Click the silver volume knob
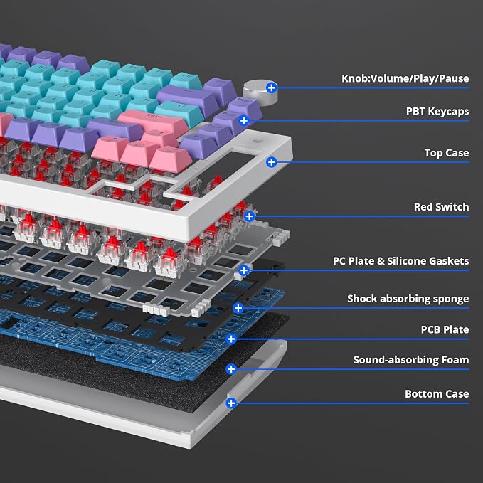click(260, 92)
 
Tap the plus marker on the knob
click(272, 87)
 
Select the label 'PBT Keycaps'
click(437, 112)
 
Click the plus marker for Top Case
click(272, 162)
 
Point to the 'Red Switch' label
click(442, 207)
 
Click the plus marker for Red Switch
click(249, 216)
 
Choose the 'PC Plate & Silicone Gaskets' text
click(400, 261)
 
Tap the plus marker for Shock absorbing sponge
click(238, 308)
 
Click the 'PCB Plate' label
click(445, 329)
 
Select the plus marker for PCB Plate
click(231, 339)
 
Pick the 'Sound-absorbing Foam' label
click(411, 360)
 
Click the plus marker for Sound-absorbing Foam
click(231, 369)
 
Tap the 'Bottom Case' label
click(437, 393)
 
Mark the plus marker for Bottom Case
click(231, 403)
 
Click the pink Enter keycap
click(152, 122)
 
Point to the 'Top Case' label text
click(447, 153)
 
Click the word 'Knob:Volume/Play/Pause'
click(405, 78)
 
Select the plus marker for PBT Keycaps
click(244, 121)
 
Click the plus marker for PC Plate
click(244, 270)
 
